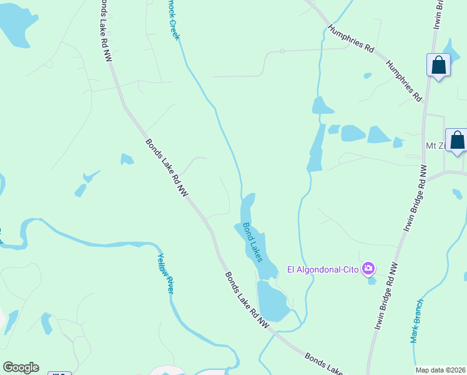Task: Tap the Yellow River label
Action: tap(165, 273)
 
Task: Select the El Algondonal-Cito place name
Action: tap(323, 269)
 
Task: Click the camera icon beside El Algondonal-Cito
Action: tap(368, 269)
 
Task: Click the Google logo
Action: tap(21, 367)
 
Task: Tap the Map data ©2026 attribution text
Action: tap(441, 370)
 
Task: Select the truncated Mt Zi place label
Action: tap(435, 146)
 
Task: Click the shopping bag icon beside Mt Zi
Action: tap(457, 139)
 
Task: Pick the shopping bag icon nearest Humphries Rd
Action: tap(438, 64)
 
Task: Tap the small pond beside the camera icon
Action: tap(372, 281)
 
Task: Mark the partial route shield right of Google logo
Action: tap(60, 373)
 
